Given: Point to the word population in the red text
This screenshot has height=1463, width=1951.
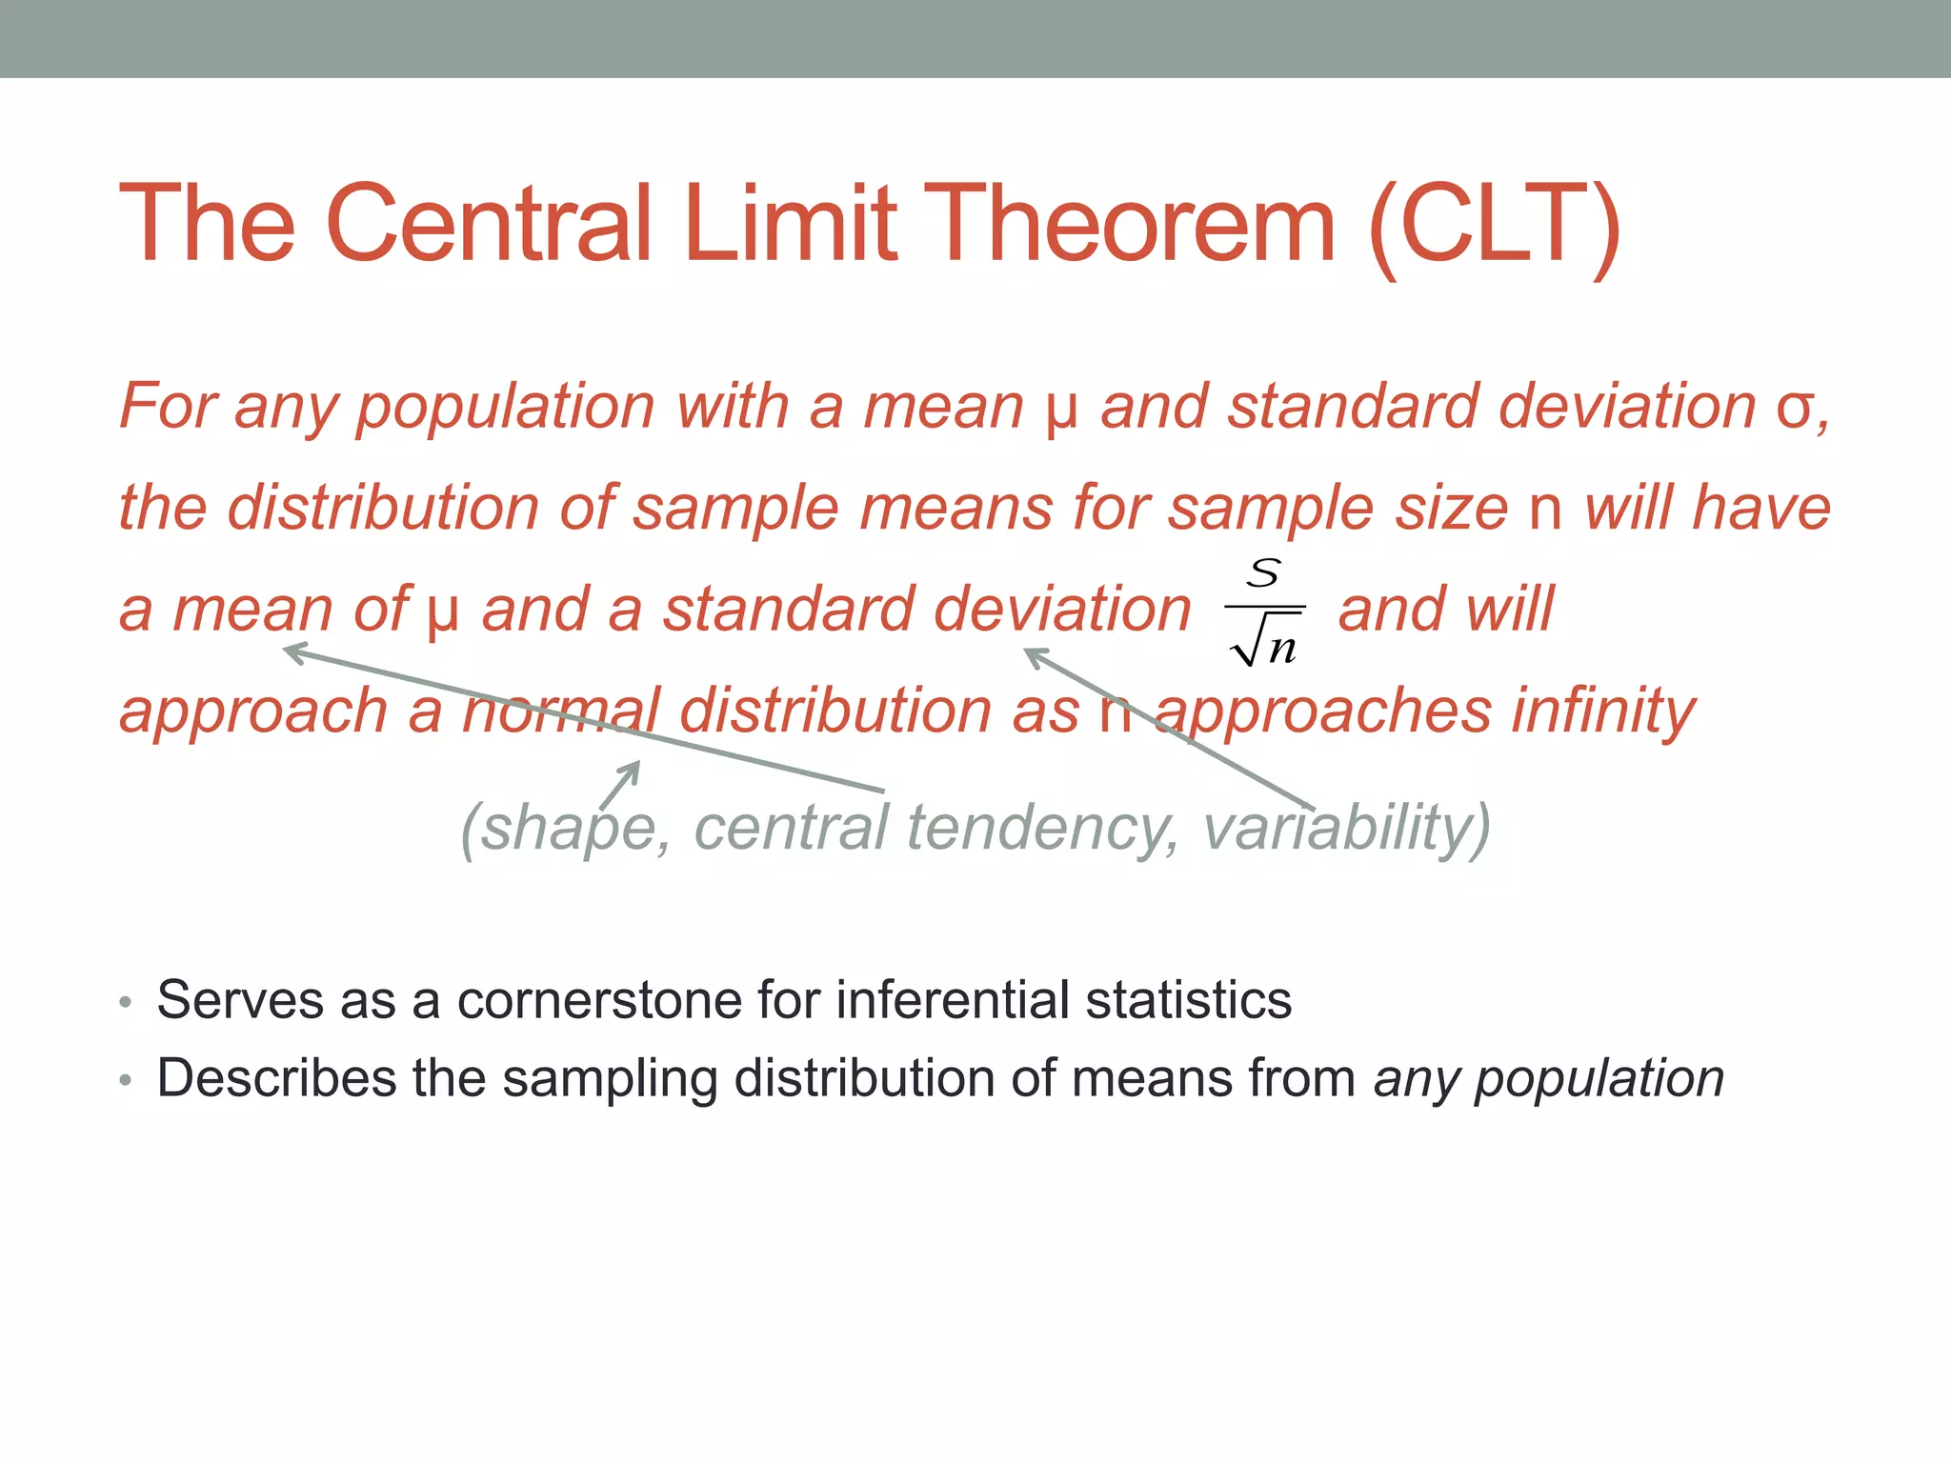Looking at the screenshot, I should point(505,408).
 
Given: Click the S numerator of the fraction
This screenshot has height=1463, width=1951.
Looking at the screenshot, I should point(1264,573).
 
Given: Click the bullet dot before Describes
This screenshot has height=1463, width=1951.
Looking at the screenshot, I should point(126,1081).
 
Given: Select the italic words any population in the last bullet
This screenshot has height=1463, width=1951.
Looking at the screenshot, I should point(1548,1079).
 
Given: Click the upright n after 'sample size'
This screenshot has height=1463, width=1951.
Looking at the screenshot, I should point(1545,511).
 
